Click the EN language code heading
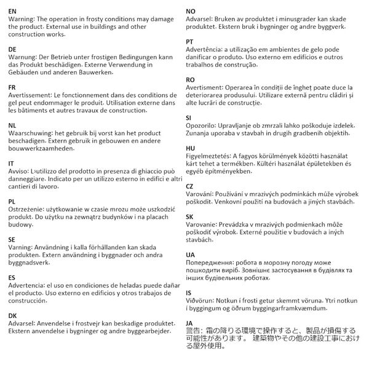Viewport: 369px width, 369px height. (x=13, y=11)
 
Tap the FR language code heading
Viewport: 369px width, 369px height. (x=12, y=88)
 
